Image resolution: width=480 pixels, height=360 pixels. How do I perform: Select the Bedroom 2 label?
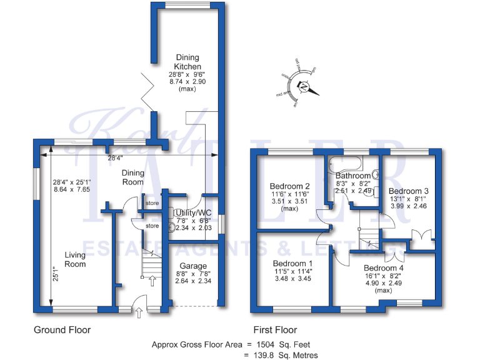[290, 186]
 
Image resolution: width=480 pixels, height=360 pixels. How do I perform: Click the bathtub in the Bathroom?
[343, 164]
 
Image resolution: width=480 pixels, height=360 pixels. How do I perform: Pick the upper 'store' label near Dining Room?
[152, 203]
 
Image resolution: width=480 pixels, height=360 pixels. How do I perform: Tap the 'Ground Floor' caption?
[62, 330]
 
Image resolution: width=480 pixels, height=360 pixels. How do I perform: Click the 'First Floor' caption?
[275, 330]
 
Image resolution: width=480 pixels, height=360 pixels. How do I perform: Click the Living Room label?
[76, 259]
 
